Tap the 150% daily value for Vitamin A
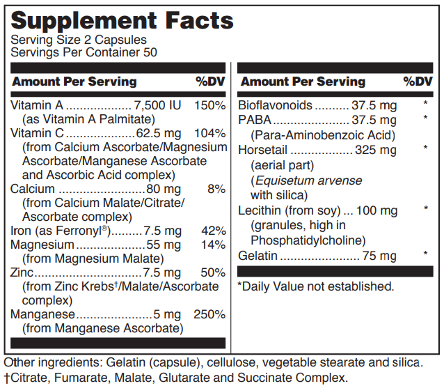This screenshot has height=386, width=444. tap(211, 105)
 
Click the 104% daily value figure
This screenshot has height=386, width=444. tap(211, 133)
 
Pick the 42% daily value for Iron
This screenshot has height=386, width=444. tap(214, 231)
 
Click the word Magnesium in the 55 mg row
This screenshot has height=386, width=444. tap(42, 245)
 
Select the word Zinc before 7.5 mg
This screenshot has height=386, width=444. tap(22, 272)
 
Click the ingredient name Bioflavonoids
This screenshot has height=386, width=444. tap(275, 106)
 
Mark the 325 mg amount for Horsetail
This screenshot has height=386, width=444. tap(375, 150)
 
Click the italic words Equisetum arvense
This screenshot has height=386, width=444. tap(306, 180)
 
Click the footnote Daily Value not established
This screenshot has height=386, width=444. tap(316, 286)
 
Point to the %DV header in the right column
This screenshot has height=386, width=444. tap(418, 82)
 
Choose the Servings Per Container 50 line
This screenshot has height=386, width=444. tap(84, 52)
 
